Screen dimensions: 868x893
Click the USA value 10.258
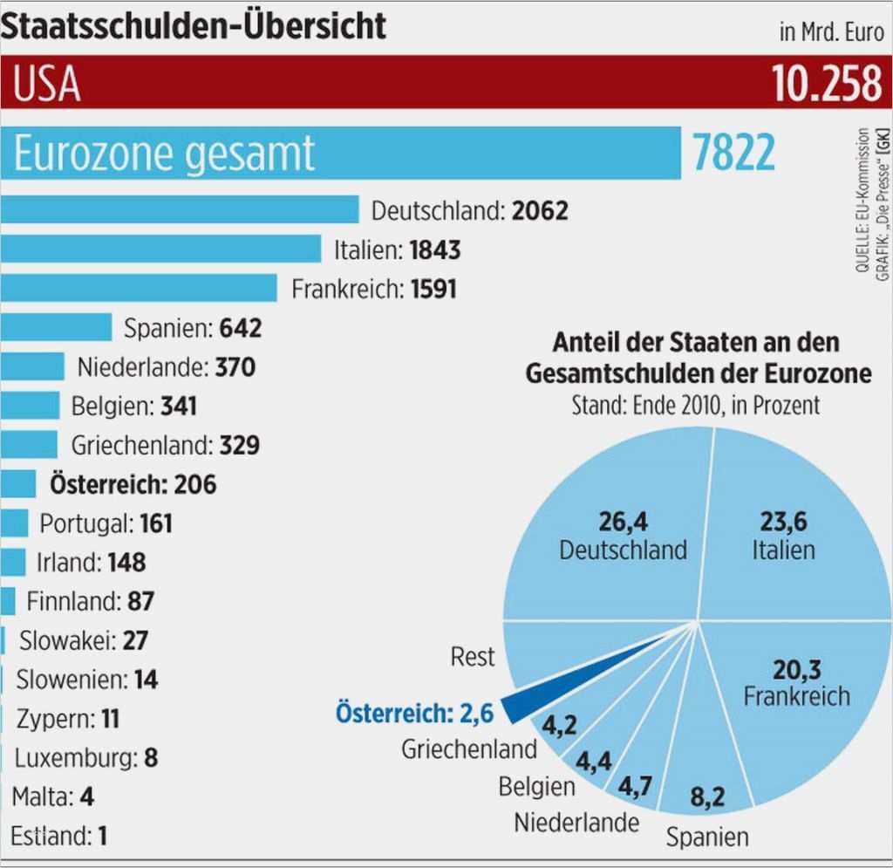pyautogui.click(x=826, y=85)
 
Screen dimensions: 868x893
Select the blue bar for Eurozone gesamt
pyautogui.click(x=340, y=153)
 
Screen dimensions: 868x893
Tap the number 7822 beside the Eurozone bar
pyautogui.click(x=733, y=154)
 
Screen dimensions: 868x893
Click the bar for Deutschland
pyautogui.click(x=179, y=210)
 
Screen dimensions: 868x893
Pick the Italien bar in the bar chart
pyautogui.click(x=160, y=249)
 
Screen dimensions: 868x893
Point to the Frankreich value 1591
pyautogui.click(x=433, y=289)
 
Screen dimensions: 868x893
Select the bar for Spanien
pyautogui.click(x=56, y=328)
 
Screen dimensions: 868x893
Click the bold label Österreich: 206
pyautogui.click(x=133, y=483)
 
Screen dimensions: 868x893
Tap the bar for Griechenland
pyautogui.click(x=29, y=445)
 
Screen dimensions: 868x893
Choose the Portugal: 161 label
pyautogui.click(x=106, y=523)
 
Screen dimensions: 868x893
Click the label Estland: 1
pyautogui.click(x=59, y=836)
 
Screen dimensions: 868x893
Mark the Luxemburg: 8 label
pyautogui.click(x=86, y=757)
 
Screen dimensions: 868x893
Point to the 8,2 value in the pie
pyautogui.click(x=707, y=796)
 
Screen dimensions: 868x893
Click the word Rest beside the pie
pyautogui.click(x=472, y=656)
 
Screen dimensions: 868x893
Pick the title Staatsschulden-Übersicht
pyautogui.click(x=194, y=26)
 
